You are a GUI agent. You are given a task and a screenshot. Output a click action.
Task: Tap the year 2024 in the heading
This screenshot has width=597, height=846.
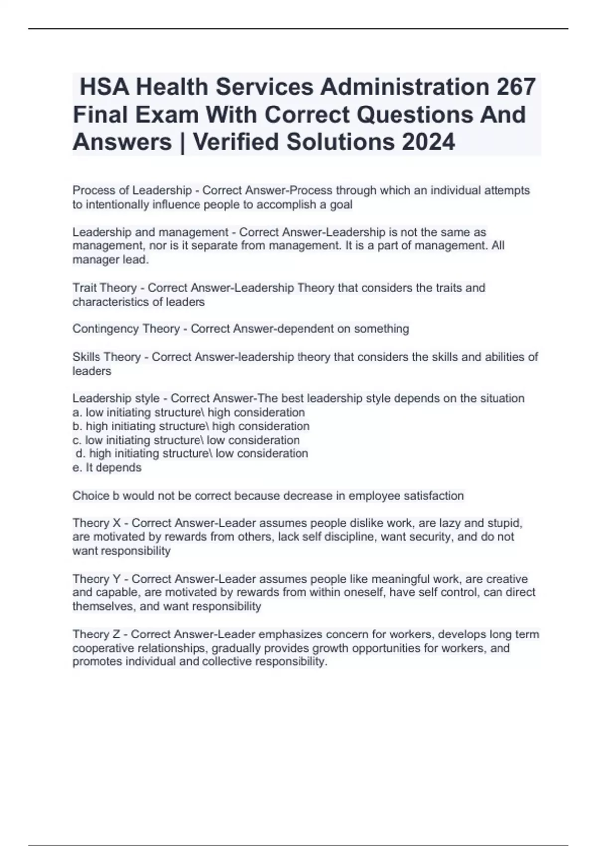(x=428, y=142)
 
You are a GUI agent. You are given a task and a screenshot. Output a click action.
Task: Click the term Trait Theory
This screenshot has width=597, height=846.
(x=104, y=288)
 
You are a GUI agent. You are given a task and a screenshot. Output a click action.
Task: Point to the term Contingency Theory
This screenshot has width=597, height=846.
(x=126, y=329)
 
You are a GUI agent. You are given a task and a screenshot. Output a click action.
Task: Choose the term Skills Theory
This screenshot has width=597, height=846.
(x=106, y=357)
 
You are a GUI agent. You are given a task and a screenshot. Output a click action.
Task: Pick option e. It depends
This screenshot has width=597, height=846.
(x=107, y=467)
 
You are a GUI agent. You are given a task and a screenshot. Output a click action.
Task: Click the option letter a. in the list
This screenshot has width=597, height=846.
(x=77, y=412)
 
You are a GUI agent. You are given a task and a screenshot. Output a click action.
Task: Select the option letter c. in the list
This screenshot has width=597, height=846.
(x=77, y=440)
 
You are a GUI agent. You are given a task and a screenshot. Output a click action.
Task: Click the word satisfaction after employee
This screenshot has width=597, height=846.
(x=433, y=496)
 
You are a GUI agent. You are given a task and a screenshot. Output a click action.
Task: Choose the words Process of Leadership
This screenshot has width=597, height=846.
(x=132, y=190)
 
